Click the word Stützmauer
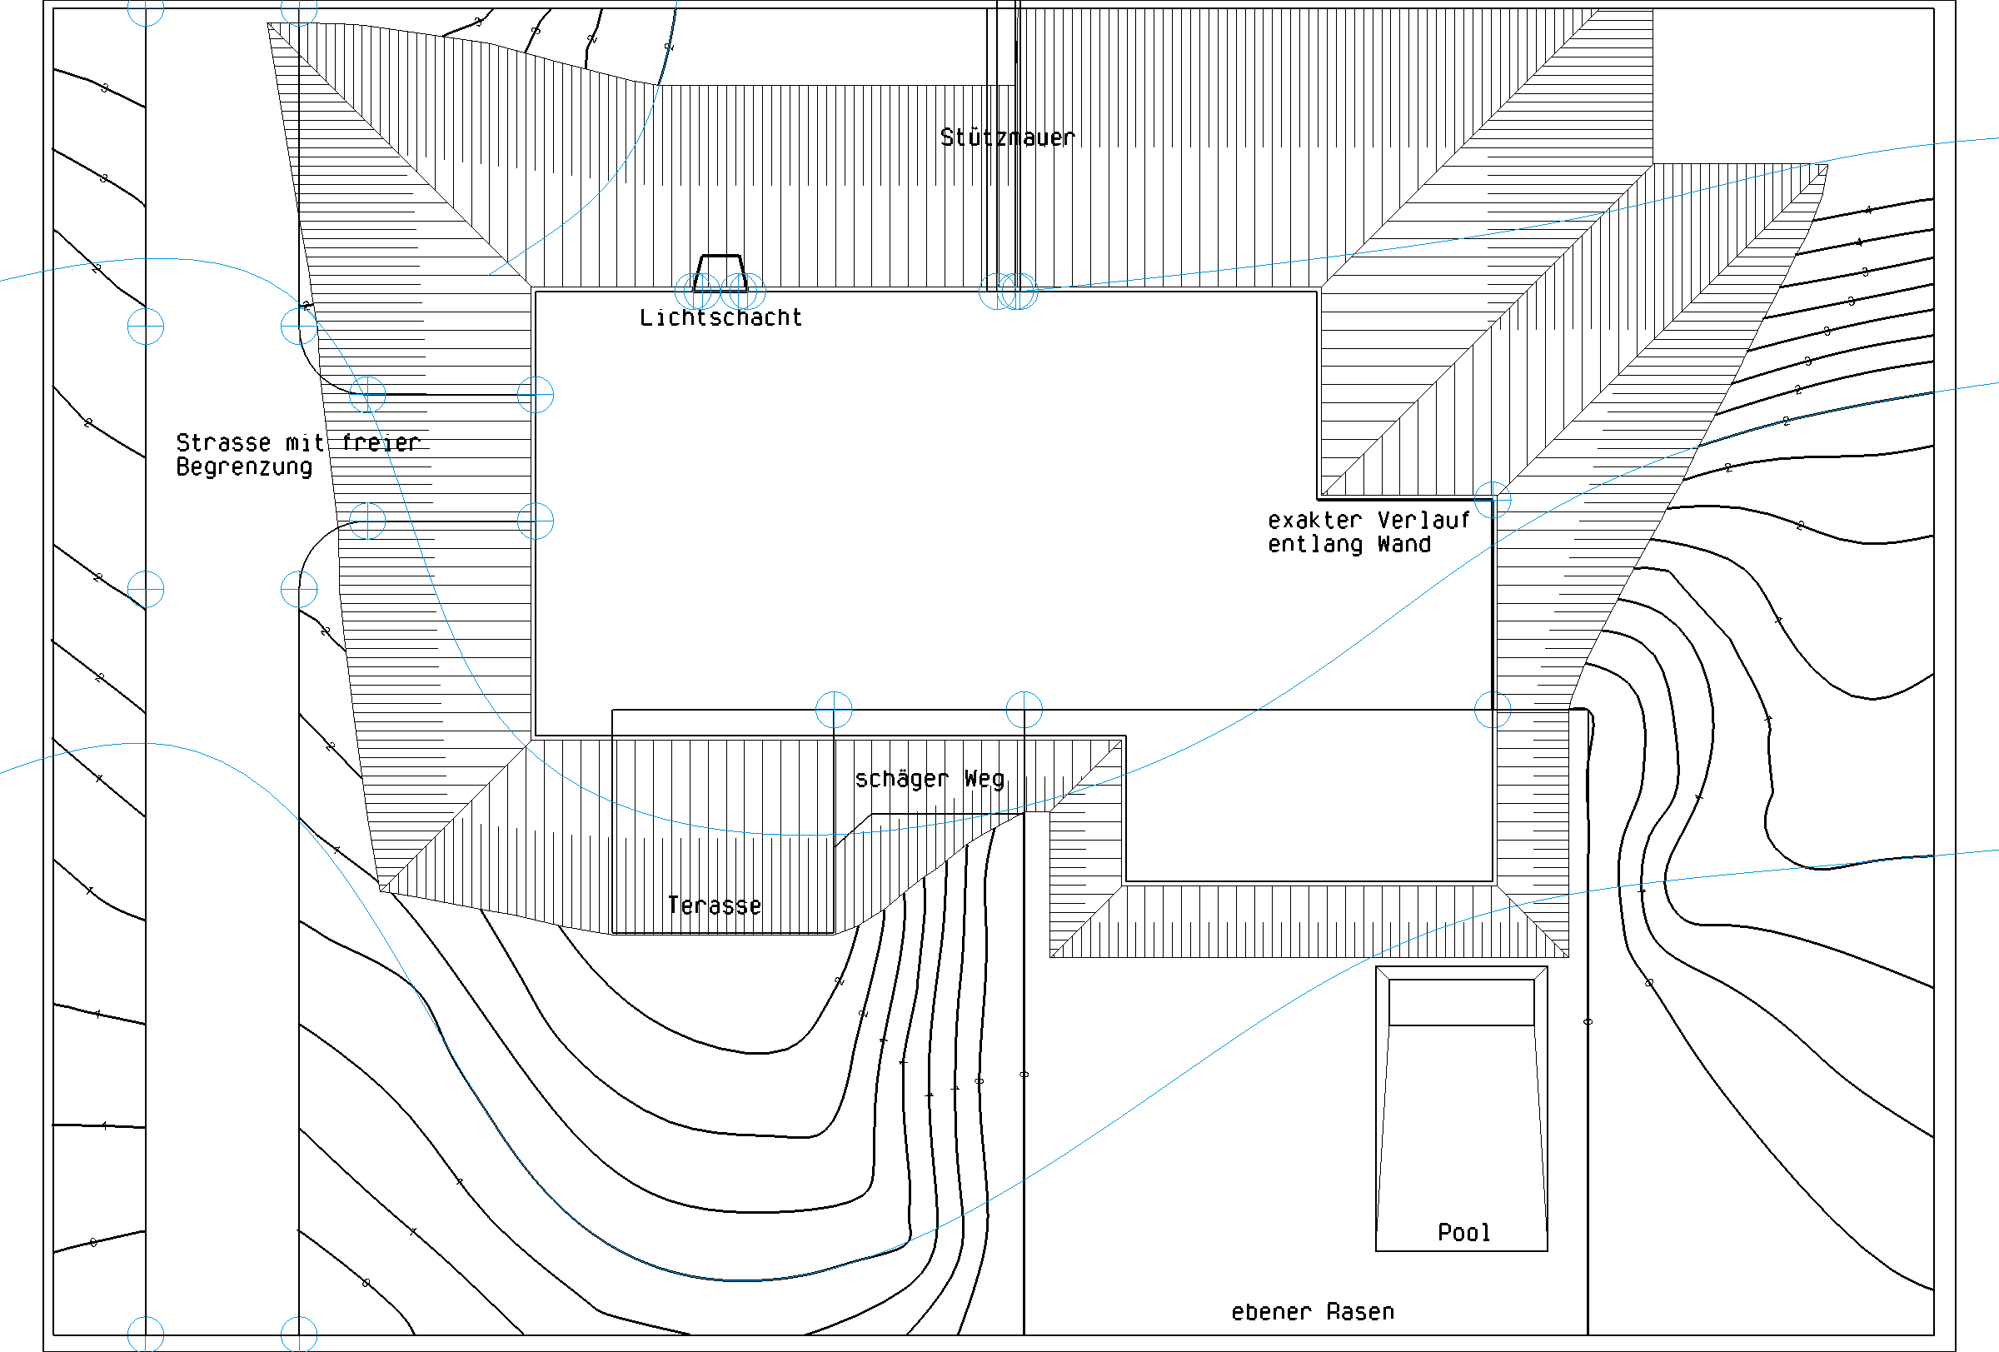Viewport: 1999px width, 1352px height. pyautogui.click(x=1007, y=137)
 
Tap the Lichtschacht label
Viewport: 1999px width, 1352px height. pyautogui.click(x=720, y=318)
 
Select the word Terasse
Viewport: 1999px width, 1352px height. pyautogui.click(x=714, y=905)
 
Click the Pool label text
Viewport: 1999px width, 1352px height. pyautogui.click(x=1463, y=1232)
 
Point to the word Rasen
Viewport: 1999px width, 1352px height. pyautogui.click(x=1360, y=1311)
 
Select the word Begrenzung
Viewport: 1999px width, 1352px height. pyautogui.click(x=244, y=467)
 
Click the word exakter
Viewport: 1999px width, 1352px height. pyautogui.click(x=1314, y=521)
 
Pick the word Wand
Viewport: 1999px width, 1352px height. pyautogui.click(x=1403, y=545)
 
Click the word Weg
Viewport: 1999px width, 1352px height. pyautogui.click(x=984, y=779)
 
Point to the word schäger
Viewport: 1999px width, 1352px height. pyautogui.click(x=900, y=779)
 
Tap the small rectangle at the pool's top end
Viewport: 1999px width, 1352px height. pyautogui.click(x=1461, y=1002)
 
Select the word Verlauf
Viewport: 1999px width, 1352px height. pyautogui.click(x=1423, y=521)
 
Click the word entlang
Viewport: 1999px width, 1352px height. pyautogui.click(x=1314, y=545)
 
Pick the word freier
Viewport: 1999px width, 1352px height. pyautogui.click(x=380, y=443)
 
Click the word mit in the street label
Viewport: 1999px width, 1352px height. pyautogui.click(x=305, y=443)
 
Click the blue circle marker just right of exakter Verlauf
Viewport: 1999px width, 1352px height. pyautogui.click(x=1493, y=500)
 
